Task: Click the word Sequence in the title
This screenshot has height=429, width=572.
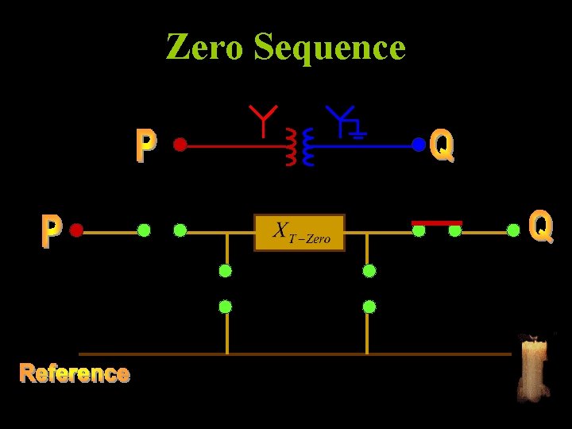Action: pyautogui.click(x=329, y=48)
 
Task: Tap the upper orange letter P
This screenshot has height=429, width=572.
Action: pyautogui.click(x=145, y=146)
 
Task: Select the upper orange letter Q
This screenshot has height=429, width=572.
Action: pyautogui.click(x=442, y=145)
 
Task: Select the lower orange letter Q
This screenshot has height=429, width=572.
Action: pyautogui.click(x=540, y=226)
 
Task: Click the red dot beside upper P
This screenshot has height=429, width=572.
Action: pyautogui.click(x=180, y=145)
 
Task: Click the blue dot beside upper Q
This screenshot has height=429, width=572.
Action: pyautogui.click(x=418, y=145)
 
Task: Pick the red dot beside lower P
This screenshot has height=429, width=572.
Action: pyautogui.click(x=76, y=231)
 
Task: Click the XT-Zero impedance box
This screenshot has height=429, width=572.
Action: pyautogui.click(x=300, y=232)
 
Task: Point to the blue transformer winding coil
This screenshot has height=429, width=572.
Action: pyautogui.click(x=308, y=149)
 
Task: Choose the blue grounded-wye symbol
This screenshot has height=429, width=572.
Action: pyautogui.click(x=346, y=122)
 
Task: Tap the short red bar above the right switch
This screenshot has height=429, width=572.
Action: pyautogui.click(x=436, y=222)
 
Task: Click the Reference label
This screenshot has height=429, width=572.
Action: pyautogui.click(x=75, y=373)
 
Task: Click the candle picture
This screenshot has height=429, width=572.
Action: pyautogui.click(x=533, y=368)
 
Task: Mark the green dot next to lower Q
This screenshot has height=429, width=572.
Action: pyautogui.click(x=514, y=231)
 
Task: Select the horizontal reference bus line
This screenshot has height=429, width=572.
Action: pyautogui.click(x=294, y=354)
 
